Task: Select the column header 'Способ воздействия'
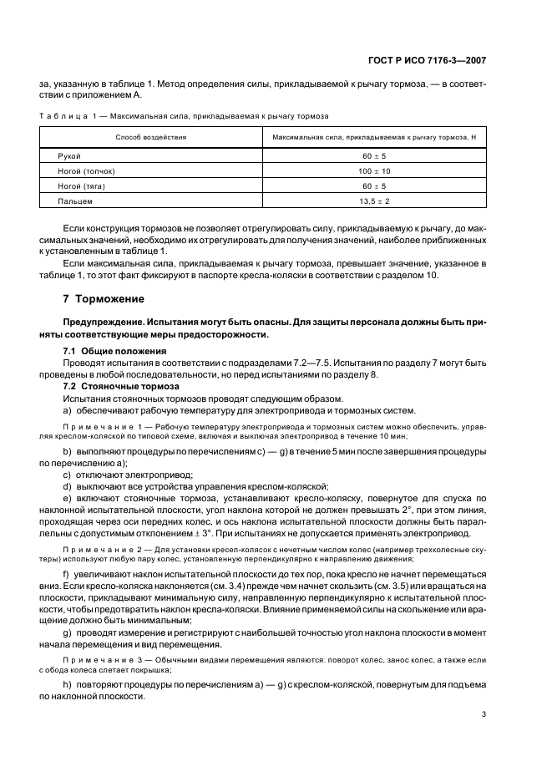click(151, 136)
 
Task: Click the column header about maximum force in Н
click(374, 136)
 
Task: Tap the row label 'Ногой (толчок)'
click(86, 171)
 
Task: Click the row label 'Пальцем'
click(74, 201)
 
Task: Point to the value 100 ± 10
click(374, 171)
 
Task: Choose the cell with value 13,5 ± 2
click(374, 201)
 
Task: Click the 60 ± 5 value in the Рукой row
click(374, 156)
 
